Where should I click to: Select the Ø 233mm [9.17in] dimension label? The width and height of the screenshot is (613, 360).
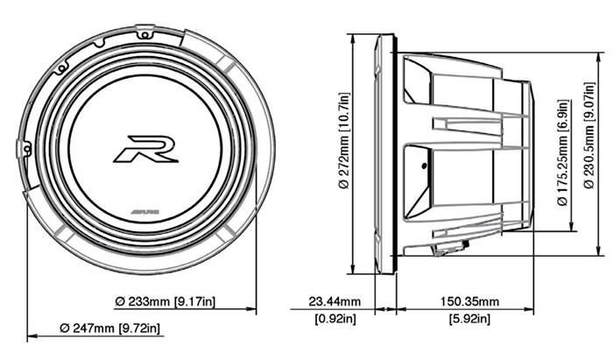tap(166, 300)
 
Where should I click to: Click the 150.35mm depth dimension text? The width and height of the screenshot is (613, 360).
tap(465, 300)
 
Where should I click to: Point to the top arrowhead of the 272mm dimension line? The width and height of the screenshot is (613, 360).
tap(351, 39)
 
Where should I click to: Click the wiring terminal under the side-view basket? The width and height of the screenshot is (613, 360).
tap(447, 250)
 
